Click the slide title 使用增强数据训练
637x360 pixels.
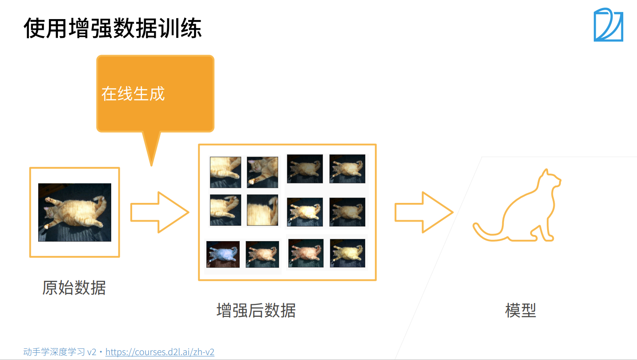[x=113, y=28]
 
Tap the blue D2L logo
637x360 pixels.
[x=608, y=25]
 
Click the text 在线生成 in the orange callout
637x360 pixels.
[x=133, y=93]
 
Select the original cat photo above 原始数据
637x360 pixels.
[x=75, y=212]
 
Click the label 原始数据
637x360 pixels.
[x=74, y=288]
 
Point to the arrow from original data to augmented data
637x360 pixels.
[x=159, y=212]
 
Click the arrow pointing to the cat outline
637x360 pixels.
[x=423, y=212]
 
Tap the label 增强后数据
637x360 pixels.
[x=256, y=310]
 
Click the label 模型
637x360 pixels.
[x=520, y=310]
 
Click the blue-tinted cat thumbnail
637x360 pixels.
[x=223, y=255]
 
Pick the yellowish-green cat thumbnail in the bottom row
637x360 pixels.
[x=347, y=253]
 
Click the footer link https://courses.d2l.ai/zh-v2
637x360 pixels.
[x=160, y=352]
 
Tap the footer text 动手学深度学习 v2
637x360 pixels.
[x=60, y=352]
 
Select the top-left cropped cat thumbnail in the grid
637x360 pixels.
[x=226, y=172]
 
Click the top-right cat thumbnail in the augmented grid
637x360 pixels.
[x=347, y=169]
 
